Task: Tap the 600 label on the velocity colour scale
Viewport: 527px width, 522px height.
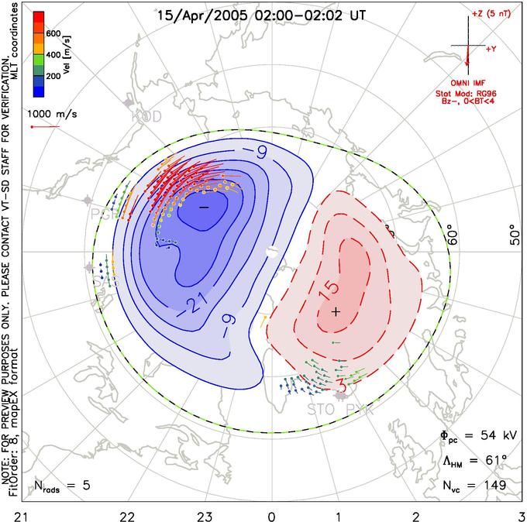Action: (x=53, y=33)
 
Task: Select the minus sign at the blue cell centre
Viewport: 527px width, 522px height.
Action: (x=204, y=208)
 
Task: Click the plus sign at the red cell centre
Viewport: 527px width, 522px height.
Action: (x=335, y=311)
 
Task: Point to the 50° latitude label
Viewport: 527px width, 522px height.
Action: (x=512, y=234)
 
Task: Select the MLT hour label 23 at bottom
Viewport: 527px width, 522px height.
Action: (x=205, y=513)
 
